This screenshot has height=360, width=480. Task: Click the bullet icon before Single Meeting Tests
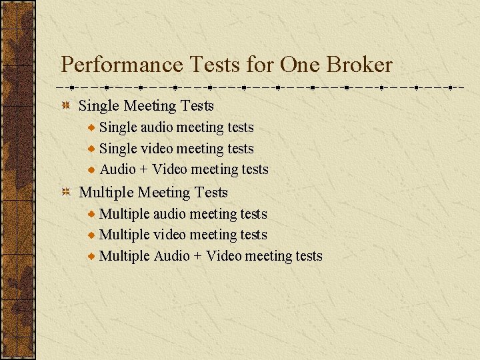pyautogui.click(x=67, y=106)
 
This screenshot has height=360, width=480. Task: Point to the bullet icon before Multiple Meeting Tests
pyautogui.click(x=67, y=193)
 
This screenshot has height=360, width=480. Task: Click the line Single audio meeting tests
pyautogui.click(x=177, y=127)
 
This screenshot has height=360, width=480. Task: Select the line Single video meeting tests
pyautogui.click(x=177, y=149)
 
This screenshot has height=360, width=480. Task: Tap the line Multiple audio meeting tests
pyautogui.click(x=183, y=214)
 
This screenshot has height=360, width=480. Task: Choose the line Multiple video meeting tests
pyautogui.click(x=183, y=235)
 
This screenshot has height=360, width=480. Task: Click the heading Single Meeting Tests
pyautogui.click(x=146, y=106)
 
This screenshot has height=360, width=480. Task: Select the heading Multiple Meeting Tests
pyautogui.click(x=153, y=193)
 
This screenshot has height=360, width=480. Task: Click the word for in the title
pyautogui.click(x=260, y=65)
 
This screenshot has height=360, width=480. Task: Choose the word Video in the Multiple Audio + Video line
pyautogui.click(x=224, y=256)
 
